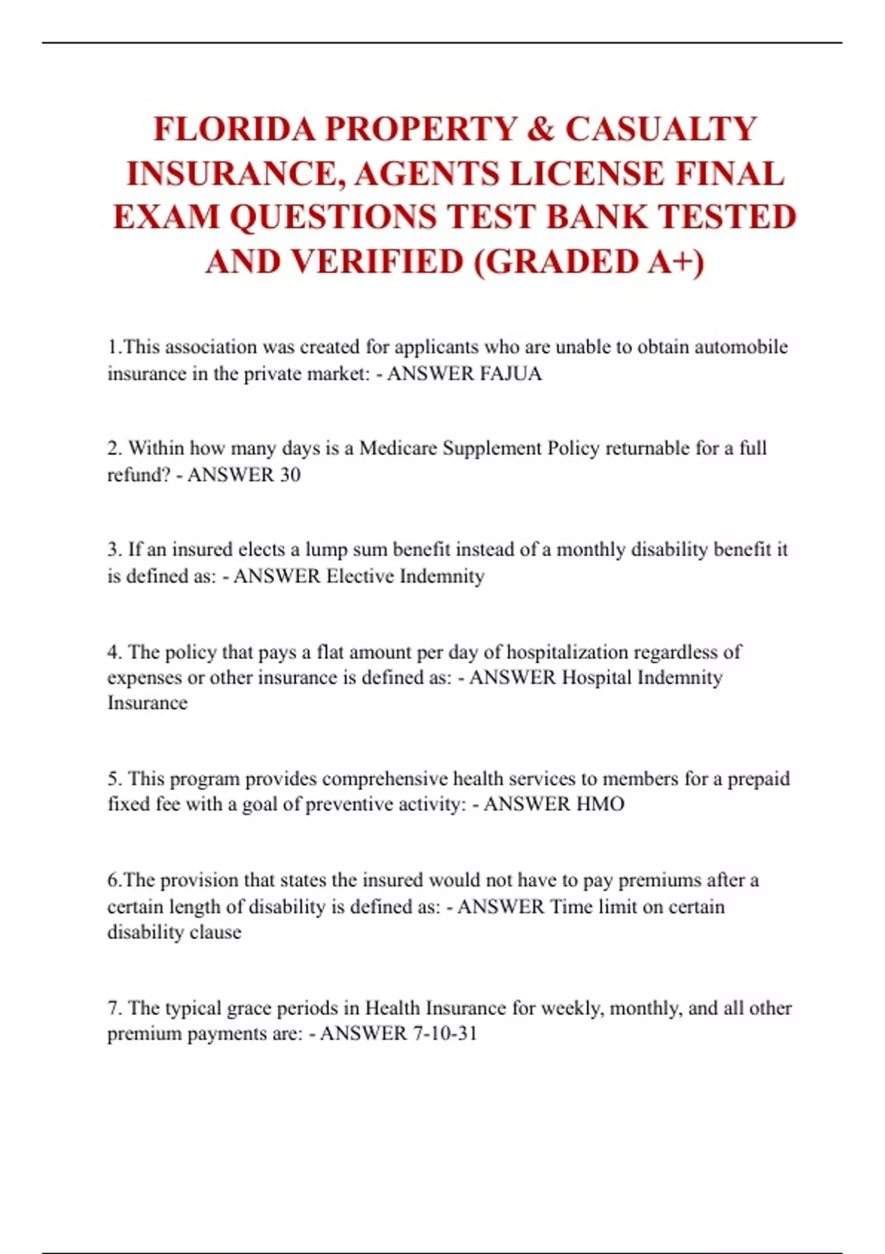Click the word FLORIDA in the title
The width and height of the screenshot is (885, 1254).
(x=235, y=129)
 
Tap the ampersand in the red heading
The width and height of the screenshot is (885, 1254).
(x=541, y=129)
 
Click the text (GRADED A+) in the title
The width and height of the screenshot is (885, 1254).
(x=589, y=262)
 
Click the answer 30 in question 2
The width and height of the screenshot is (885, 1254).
(x=290, y=475)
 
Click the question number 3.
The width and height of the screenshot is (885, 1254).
(x=114, y=550)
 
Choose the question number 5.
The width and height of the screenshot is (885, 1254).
(x=114, y=779)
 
